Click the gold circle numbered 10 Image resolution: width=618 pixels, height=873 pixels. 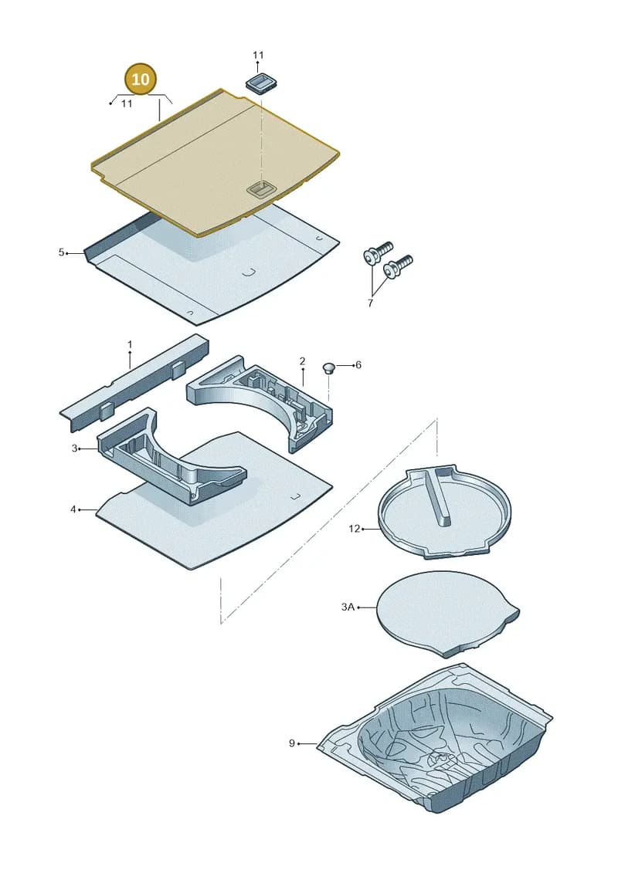click(x=141, y=79)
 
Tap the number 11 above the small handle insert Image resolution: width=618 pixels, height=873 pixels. click(x=258, y=55)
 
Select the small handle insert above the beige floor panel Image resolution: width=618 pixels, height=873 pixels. click(x=261, y=83)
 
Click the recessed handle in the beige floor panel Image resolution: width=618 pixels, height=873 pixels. click(x=260, y=189)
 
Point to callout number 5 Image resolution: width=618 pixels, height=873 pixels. click(x=61, y=252)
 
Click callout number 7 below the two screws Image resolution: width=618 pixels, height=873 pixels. click(x=370, y=303)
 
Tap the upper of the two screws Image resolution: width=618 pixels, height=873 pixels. click(x=378, y=252)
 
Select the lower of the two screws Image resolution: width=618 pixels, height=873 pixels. click(x=398, y=267)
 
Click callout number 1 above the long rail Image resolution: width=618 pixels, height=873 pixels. click(x=130, y=344)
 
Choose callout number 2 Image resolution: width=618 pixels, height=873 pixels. click(x=302, y=361)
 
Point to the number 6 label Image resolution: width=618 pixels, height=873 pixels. click(x=358, y=364)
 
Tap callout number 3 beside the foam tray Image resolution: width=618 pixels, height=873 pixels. click(x=75, y=448)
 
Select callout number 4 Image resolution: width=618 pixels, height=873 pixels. click(x=73, y=509)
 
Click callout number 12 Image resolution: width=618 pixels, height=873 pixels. click(x=355, y=529)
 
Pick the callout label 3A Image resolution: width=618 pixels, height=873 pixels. click(x=348, y=607)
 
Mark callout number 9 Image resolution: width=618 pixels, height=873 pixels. click(x=291, y=743)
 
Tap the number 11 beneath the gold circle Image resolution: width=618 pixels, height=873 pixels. click(x=127, y=103)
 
